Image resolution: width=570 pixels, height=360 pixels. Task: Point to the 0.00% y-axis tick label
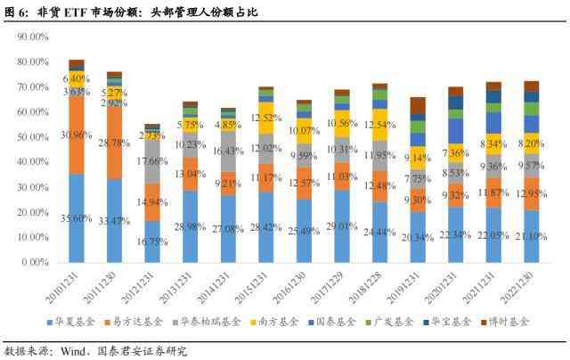pyautogui.click(x=36, y=263)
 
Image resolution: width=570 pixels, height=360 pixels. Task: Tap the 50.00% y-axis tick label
pyautogui.click(x=33, y=138)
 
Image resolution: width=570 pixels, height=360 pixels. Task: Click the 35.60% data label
pyautogui.click(x=77, y=217)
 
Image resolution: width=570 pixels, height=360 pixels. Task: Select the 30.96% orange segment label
pyautogui.click(x=77, y=135)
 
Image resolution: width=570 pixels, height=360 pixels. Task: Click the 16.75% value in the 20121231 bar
pyautogui.click(x=151, y=241)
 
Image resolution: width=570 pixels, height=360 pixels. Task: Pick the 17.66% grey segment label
pyautogui.click(x=151, y=161)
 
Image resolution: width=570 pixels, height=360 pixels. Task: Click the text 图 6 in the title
pyautogui.click(x=14, y=11)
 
